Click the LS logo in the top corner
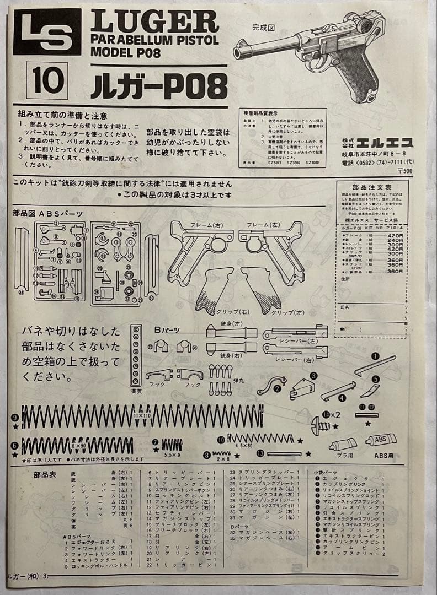(47, 31)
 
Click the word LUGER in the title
(154, 22)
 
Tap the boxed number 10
(47, 81)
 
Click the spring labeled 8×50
(77, 445)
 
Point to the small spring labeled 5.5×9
(172, 444)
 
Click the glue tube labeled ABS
(381, 440)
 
